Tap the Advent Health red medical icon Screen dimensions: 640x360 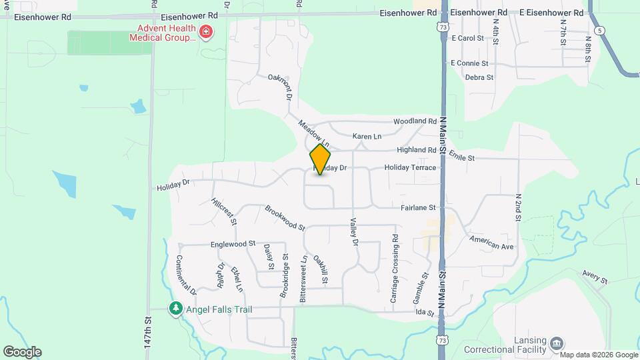click(x=206, y=32)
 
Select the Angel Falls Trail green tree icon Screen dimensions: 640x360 click(x=175, y=309)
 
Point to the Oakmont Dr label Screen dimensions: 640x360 click(x=281, y=87)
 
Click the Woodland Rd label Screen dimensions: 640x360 click(x=415, y=121)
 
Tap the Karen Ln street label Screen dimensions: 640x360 click(x=367, y=137)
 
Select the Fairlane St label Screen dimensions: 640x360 click(x=418, y=208)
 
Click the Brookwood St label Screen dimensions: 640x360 click(x=285, y=218)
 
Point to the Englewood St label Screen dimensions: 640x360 click(x=233, y=245)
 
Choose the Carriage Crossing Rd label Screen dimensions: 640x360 click(x=395, y=268)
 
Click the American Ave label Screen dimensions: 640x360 click(x=491, y=242)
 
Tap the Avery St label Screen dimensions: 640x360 click(x=595, y=277)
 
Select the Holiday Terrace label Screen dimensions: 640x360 click(x=410, y=168)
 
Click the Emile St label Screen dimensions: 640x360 click(x=461, y=156)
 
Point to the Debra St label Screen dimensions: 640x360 click(x=479, y=77)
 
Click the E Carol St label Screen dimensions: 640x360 click(x=467, y=39)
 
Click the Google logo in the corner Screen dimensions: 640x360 click(x=22, y=352)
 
